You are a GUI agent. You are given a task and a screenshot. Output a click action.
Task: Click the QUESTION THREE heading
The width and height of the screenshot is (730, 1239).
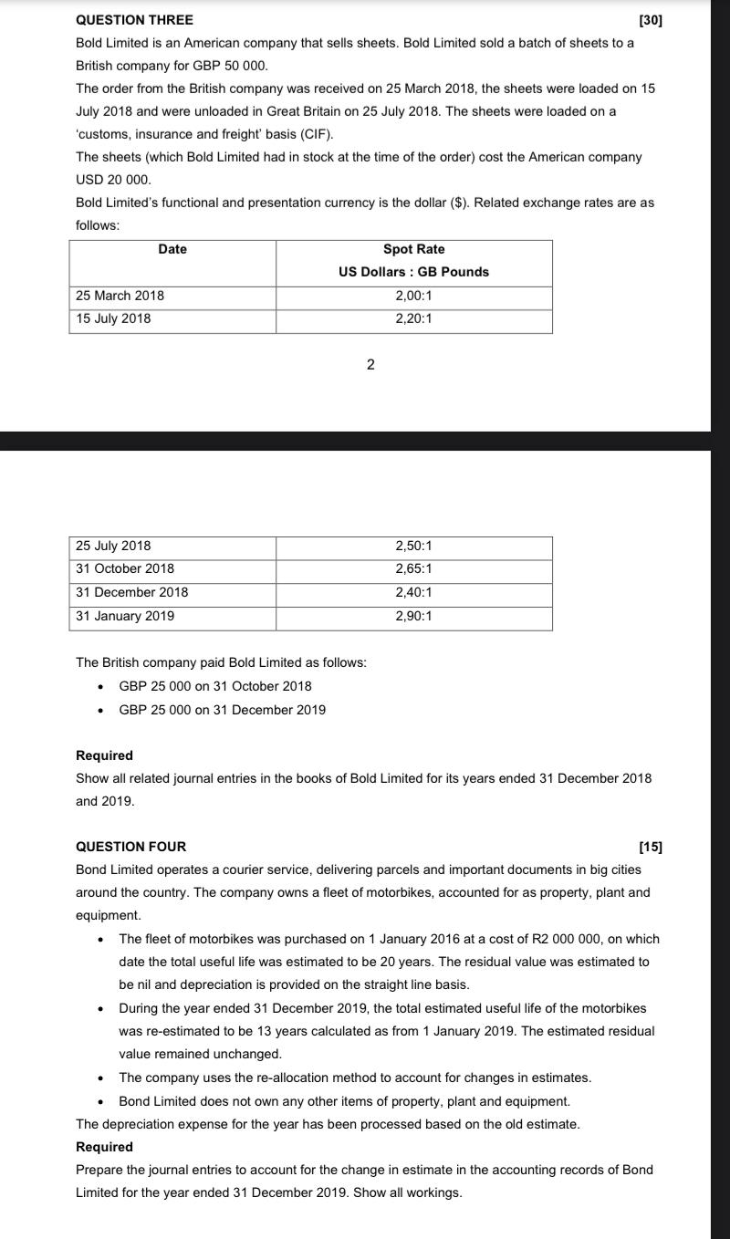pyautogui.click(x=134, y=20)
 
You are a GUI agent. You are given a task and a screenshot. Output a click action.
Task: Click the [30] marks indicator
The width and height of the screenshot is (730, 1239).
pyautogui.click(x=651, y=20)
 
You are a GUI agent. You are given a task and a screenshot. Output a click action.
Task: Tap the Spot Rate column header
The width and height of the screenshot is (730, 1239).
pyautogui.click(x=413, y=249)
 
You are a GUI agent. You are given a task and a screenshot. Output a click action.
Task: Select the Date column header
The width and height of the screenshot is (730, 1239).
pyautogui.click(x=172, y=249)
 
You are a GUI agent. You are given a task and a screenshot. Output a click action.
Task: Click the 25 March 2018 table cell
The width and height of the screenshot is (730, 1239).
pyautogui.click(x=120, y=296)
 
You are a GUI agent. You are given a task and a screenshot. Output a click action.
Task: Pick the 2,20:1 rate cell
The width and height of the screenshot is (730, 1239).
pyautogui.click(x=413, y=318)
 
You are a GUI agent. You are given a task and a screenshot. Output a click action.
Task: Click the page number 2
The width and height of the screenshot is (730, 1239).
pyautogui.click(x=370, y=365)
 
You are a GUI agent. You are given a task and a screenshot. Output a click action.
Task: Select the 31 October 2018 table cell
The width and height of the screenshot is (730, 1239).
pyautogui.click(x=125, y=568)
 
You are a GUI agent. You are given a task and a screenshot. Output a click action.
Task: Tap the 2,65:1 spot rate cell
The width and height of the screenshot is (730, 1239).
pyautogui.click(x=413, y=568)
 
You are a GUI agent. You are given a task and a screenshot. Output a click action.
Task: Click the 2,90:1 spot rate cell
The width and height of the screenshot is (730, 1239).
pyautogui.click(x=413, y=616)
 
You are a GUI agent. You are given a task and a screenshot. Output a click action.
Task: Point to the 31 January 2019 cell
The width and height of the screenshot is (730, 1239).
pyautogui.click(x=125, y=616)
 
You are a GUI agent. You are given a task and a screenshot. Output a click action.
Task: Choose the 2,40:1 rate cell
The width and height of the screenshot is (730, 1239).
pyautogui.click(x=413, y=592)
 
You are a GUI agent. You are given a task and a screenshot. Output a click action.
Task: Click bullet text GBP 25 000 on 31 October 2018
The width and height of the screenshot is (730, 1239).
pyautogui.click(x=215, y=686)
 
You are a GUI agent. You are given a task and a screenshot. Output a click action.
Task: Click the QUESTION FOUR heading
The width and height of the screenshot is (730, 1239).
pyautogui.click(x=130, y=847)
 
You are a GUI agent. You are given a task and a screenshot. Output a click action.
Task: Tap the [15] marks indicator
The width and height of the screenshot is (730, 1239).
pyautogui.click(x=651, y=847)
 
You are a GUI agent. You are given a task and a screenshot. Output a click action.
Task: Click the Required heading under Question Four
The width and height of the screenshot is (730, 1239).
pyautogui.click(x=104, y=1147)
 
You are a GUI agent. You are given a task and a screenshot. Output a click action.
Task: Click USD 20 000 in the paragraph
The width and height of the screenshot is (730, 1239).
pyautogui.click(x=113, y=180)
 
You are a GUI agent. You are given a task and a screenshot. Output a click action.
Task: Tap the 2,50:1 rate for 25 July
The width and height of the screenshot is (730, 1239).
pyautogui.click(x=413, y=546)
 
